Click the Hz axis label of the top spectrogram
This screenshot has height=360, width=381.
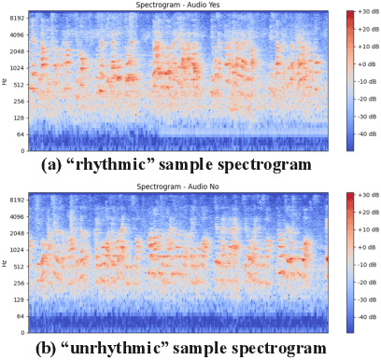(x=5, y=80)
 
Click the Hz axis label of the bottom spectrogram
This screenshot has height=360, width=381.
(x=5, y=263)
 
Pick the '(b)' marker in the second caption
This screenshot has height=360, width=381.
(x=55, y=348)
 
